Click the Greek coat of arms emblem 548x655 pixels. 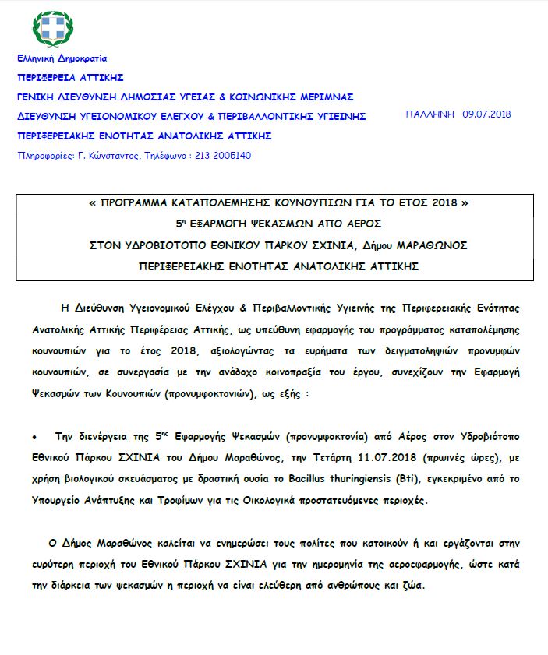tap(53, 30)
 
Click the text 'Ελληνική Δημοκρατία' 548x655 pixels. tap(62, 58)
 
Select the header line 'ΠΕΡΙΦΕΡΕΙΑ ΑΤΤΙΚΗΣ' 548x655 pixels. tap(70, 78)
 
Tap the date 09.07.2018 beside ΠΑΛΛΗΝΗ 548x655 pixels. tap(486, 114)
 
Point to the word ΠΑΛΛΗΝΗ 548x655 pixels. tap(430, 114)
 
